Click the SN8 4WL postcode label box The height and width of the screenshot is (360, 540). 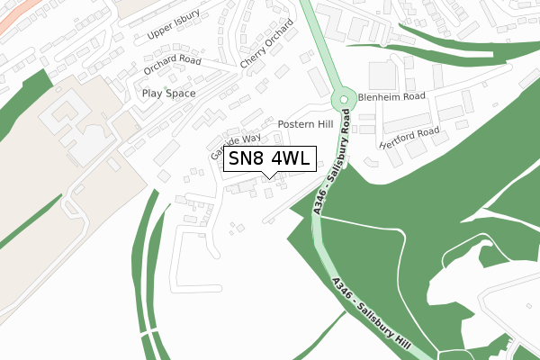point(270,159)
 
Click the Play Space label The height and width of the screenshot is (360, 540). point(168,93)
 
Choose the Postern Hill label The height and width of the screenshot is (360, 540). point(305,124)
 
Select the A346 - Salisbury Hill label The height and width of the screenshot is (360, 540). point(371,314)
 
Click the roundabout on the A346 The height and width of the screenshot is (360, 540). point(343,101)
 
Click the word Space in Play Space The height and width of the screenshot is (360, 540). point(180,93)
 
